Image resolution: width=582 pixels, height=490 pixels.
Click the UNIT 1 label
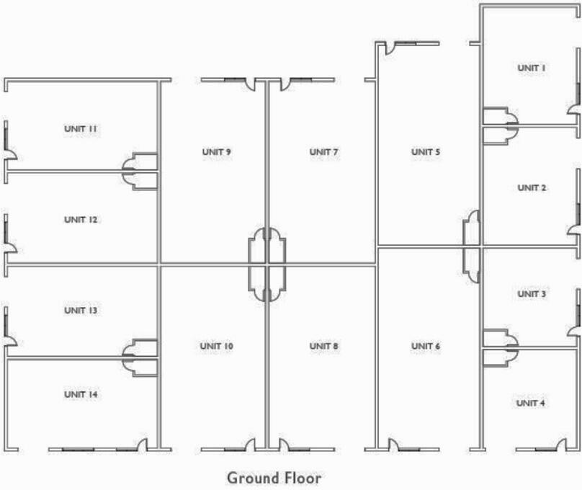pos(532,68)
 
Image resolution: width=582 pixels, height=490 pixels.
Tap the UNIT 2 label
pos(532,188)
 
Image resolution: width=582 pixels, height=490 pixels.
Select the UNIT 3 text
pos(532,294)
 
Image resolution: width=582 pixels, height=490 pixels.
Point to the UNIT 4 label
pos(532,403)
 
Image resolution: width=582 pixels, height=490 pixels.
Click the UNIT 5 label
pos(426,152)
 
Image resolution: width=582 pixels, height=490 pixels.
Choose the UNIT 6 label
pos(426,347)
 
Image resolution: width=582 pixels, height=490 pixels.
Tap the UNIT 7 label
pos(324,152)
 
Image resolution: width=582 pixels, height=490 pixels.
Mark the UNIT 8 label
pos(324,347)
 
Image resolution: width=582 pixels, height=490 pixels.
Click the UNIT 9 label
pos(216,152)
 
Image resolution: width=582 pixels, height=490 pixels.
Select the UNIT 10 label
pos(216,347)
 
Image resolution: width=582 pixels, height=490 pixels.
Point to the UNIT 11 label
pos(81,129)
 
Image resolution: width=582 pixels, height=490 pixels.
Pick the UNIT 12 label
pos(81,220)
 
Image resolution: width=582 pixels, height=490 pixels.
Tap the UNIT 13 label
pos(81,311)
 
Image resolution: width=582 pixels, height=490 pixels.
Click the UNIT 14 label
pos(81,395)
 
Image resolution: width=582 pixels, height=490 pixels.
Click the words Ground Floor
pos(274,478)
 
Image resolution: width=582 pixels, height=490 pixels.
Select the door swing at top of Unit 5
pos(387,49)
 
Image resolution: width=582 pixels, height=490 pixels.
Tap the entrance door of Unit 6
pos(394,444)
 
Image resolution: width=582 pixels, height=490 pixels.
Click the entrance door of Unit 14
pos(143,444)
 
